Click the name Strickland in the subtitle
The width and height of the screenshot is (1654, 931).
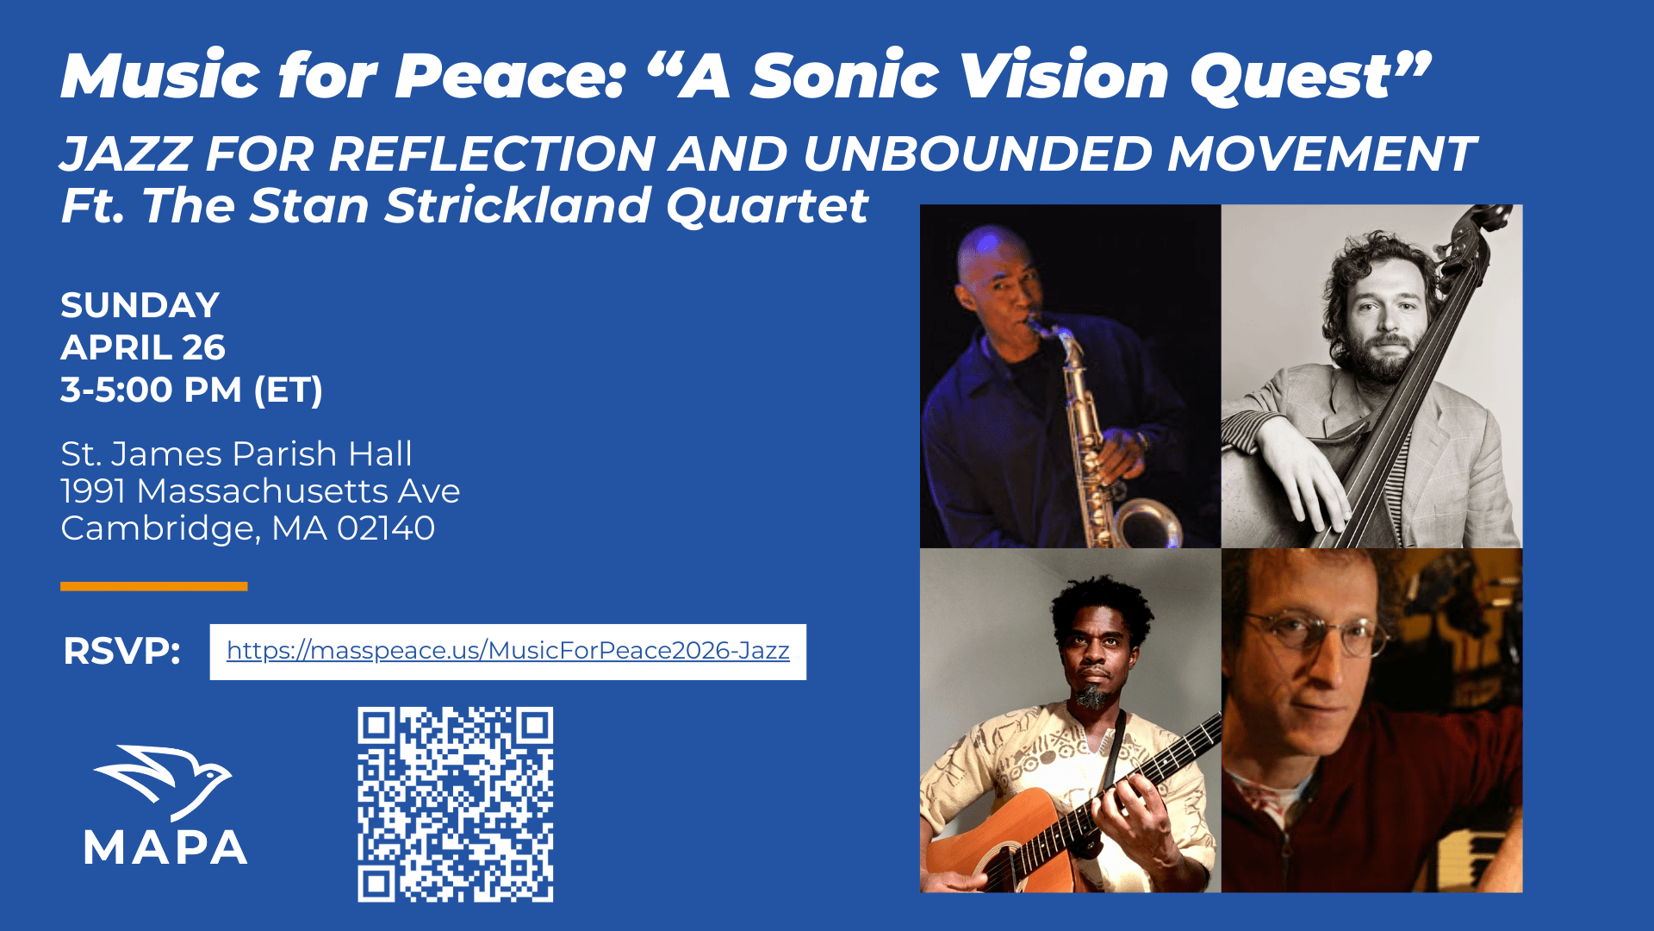click(x=518, y=206)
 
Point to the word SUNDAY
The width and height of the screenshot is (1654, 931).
click(x=140, y=305)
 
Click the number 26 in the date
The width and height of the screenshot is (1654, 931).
click(x=204, y=347)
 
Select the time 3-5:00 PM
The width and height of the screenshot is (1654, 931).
click(x=152, y=390)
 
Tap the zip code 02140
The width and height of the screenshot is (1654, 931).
click(x=386, y=528)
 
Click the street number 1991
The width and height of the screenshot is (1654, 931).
click(x=94, y=491)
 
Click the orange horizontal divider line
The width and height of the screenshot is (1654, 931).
click(x=154, y=586)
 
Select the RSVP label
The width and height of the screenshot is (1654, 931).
click(x=121, y=652)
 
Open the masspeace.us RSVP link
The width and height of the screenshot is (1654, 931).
click(x=508, y=651)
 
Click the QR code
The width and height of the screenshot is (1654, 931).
click(x=456, y=804)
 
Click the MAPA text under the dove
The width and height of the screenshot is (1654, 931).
click(x=165, y=847)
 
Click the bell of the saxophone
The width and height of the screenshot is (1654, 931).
click(x=1150, y=522)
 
